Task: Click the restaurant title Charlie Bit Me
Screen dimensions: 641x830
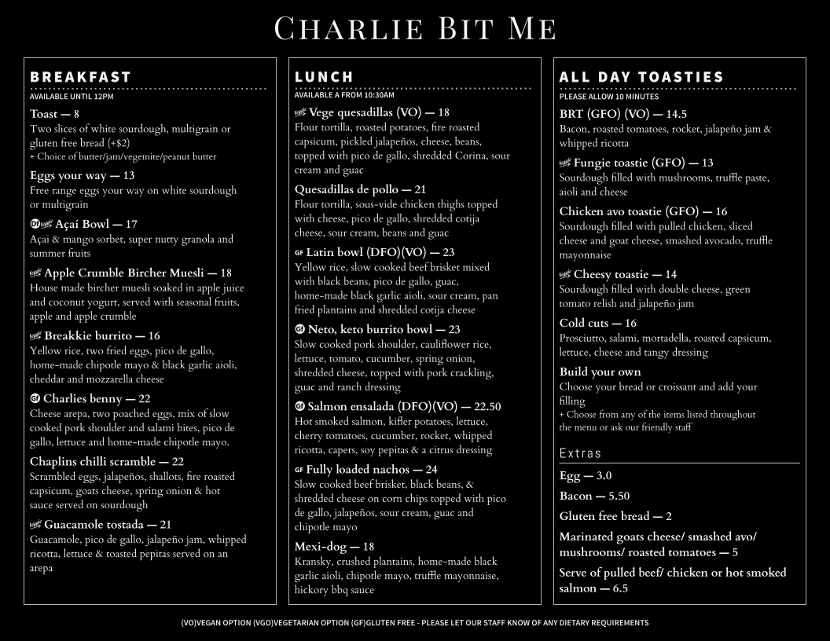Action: coord(415,28)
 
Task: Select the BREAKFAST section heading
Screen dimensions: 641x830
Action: coord(80,77)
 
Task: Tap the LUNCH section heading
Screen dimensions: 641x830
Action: coord(325,77)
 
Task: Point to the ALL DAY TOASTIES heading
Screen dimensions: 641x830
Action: coord(641,77)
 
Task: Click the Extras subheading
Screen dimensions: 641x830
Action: coord(580,453)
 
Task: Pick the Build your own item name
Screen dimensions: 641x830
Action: coord(600,372)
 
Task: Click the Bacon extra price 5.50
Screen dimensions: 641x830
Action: coord(619,496)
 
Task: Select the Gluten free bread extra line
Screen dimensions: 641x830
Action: coord(615,516)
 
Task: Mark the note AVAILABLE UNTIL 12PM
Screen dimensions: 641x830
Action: coord(72,97)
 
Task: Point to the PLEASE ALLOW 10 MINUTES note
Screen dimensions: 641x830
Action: coord(609,97)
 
